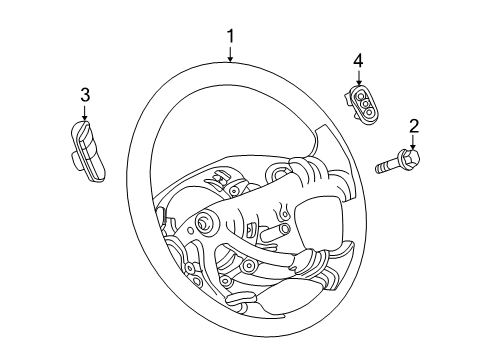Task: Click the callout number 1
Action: click(x=231, y=38)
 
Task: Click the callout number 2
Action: click(x=412, y=126)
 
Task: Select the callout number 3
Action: click(x=85, y=94)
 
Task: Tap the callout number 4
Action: click(x=358, y=63)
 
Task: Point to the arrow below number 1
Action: click(x=231, y=55)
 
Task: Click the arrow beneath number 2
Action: click(x=412, y=142)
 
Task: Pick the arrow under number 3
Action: click(x=85, y=111)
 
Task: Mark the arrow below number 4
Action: click(x=358, y=79)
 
